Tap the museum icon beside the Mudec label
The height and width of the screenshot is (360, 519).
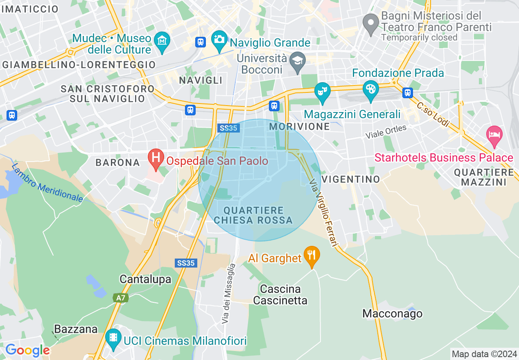tap(162, 41)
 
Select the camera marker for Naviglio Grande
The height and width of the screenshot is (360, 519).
tap(219, 39)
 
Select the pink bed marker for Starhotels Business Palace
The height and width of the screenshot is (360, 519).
tap(494, 135)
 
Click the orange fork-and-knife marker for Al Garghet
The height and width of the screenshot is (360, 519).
tap(312, 255)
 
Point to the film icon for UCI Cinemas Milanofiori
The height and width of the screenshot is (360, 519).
tap(113, 337)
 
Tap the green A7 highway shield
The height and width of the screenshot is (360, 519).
tap(120, 298)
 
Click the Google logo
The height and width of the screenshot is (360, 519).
tap(27, 350)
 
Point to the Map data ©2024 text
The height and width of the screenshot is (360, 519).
tap(484, 354)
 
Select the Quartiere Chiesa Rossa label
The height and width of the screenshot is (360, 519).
tap(254, 215)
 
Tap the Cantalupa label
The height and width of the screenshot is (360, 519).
tap(145, 279)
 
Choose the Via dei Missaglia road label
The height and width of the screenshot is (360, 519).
tap(229, 294)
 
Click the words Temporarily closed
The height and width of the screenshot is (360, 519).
tap(419, 37)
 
